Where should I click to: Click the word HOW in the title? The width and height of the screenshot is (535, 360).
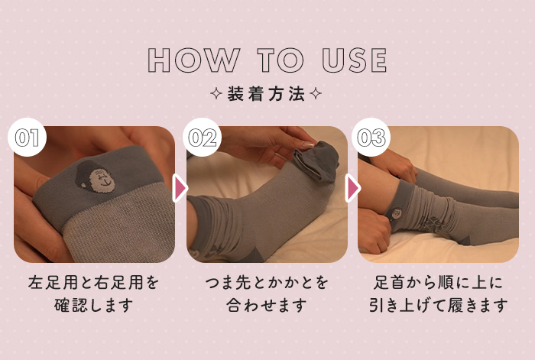click(x=194, y=60)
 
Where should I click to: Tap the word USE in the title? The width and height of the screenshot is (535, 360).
click(x=355, y=60)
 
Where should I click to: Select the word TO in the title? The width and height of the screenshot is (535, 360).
click(x=280, y=60)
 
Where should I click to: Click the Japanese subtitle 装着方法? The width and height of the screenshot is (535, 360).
click(x=266, y=94)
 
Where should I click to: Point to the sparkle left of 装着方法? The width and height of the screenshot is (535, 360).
click(x=216, y=93)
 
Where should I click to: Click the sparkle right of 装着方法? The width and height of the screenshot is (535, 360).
click(x=315, y=93)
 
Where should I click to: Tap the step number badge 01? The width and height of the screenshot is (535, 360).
click(x=27, y=137)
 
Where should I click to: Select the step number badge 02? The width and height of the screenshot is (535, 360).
click(x=202, y=137)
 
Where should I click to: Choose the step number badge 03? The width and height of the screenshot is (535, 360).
click(x=371, y=137)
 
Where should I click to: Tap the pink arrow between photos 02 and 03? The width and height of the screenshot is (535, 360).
click(x=352, y=188)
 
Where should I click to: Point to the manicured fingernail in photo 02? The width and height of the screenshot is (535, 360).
click(x=307, y=144)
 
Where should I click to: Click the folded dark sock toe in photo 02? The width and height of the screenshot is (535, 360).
click(x=316, y=161)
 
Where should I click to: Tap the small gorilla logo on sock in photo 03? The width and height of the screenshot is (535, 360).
click(x=396, y=214)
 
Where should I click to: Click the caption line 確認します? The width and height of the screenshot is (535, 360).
click(x=93, y=305)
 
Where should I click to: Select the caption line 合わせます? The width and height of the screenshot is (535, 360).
click(x=266, y=305)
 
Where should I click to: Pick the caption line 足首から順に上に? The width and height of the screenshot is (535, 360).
click(x=438, y=283)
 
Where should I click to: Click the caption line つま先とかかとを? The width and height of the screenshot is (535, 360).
click(x=267, y=283)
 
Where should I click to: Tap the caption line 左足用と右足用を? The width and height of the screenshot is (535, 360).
click(x=93, y=283)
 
